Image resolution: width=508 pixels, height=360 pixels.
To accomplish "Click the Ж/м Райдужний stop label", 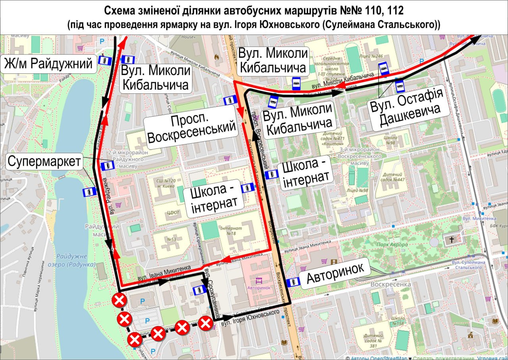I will (x=49, y=64).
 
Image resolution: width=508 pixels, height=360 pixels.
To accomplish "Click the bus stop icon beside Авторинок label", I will (x=293, y=282).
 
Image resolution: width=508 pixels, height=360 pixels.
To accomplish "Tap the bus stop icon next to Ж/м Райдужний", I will (x=105, y=60).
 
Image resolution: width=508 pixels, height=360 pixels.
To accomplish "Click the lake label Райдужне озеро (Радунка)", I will (x=75, y=260).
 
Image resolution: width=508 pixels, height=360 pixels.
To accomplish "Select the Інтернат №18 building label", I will (x=231, y=231).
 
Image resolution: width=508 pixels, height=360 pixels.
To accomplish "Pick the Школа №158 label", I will (x=398, y=321).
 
